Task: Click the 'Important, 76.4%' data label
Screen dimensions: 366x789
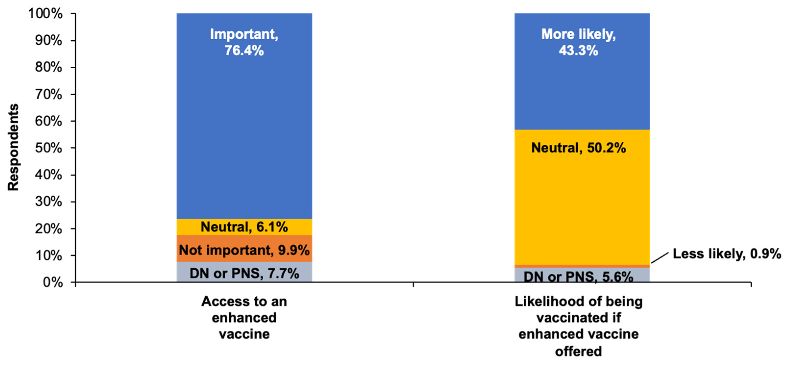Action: (244, 42)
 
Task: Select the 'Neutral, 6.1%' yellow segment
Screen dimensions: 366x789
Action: (244, 227)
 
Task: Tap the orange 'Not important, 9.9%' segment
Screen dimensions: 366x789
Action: (244, 250)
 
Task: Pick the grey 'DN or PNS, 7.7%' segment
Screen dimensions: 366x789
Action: (244, 273)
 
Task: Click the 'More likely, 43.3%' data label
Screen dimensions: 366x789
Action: (579, 42)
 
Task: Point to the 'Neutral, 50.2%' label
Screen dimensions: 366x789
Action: (579, 148)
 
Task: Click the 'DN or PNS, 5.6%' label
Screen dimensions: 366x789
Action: (579, 277)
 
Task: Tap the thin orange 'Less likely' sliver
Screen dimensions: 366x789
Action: (582, 266)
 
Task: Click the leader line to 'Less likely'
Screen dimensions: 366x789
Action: (660, 258)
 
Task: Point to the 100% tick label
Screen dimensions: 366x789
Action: (46, 14)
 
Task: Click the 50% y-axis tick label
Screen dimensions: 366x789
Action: (49, 148)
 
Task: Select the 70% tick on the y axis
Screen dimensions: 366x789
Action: (49, 94)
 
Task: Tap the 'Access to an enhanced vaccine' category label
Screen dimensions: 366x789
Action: (244, 317)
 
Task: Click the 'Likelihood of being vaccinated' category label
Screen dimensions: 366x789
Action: (579, 326)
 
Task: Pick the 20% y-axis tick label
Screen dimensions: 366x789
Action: (49, 229)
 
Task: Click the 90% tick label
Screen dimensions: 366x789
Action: (49, 41)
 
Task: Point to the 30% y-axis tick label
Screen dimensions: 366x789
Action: (49, 202)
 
